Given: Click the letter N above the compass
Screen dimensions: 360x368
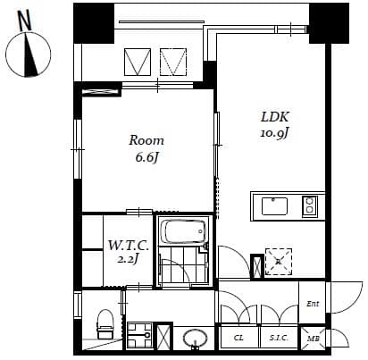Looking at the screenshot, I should pyautogui.click(x=24, y=18).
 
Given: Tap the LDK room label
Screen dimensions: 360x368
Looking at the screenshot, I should pyautogui.click(x=274, y=118).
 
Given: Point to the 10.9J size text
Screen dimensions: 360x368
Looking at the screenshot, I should pyautogui.click(x=274, y=134).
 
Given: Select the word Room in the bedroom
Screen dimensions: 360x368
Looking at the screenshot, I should pyautogui.click(x=146, y=140).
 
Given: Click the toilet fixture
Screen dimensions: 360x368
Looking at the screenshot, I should pyautogui.click(x=104, y=323).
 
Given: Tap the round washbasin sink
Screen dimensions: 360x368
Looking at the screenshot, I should pyautogui.click(x=196, y=339).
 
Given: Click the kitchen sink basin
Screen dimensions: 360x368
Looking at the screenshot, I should pyautogui.click(x=274, y=206).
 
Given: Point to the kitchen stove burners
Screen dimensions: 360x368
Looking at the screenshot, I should pyautogui.click(x=309, y=206).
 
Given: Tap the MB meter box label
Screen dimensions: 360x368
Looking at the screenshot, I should pyautogui.click(x=314, y=339).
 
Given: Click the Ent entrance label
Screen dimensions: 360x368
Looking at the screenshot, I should pyautogui.click(x=313, y=304).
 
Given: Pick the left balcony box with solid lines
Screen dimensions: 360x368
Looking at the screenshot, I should pyautogui.click(x=137, y=63).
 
